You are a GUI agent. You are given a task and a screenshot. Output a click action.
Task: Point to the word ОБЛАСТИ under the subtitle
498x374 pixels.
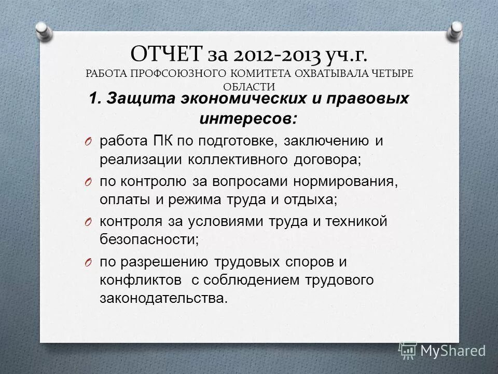click(249, 87)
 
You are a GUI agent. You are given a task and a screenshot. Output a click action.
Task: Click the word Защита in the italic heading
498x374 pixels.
click(136, 99)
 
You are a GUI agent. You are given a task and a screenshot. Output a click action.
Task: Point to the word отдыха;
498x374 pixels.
click(309, 201)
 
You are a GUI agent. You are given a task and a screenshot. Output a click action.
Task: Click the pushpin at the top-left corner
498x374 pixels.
click(44, 31)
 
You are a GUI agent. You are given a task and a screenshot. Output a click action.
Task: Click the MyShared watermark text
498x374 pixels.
click(452, 351)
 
